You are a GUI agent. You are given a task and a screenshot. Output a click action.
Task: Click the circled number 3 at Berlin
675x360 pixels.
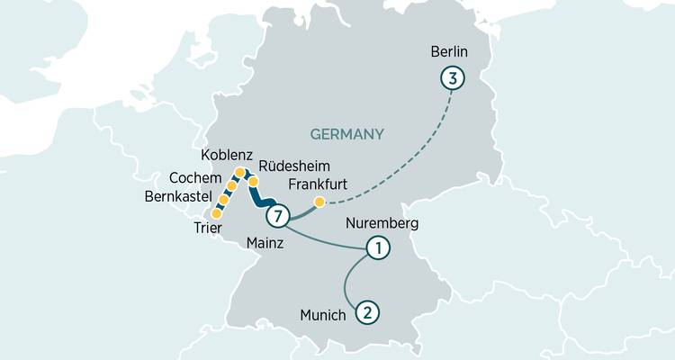coord(453,79)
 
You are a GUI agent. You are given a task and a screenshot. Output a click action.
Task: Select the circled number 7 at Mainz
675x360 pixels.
coord(278,216)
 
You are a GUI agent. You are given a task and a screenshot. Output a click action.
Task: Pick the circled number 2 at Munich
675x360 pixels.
coord(366,313)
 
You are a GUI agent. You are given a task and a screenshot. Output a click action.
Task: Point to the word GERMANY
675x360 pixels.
coord(346,135)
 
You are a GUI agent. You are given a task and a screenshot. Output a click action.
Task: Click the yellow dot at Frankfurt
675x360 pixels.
coord(318,201)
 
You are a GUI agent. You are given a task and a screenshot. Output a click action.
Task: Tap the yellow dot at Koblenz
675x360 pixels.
coord(239,173)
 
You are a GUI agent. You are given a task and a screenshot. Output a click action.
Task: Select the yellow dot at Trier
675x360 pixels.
coord(216,213)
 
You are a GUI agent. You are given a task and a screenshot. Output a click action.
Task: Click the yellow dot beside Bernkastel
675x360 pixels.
coord(223,201)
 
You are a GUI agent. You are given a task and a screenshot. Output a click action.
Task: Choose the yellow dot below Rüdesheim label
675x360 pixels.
coord(253,182)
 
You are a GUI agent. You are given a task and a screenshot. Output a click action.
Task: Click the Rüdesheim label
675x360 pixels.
coord(293,166)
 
